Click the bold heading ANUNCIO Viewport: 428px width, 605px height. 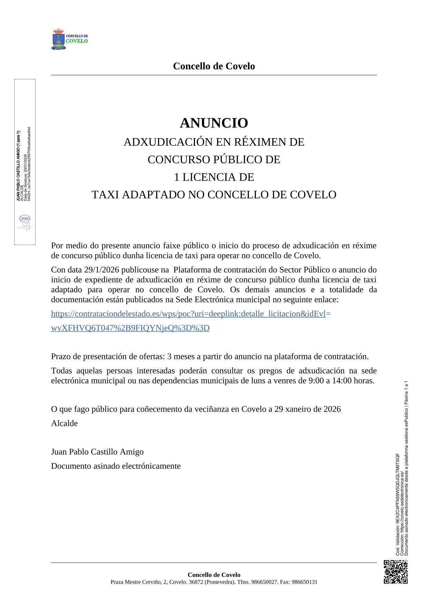[x=214, y=123]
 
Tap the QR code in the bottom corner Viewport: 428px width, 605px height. [x=396, y=572]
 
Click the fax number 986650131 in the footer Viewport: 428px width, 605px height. [x=304, y=582]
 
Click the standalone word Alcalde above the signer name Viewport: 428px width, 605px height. [x=65, y=423]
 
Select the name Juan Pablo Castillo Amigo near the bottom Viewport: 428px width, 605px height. [x=97, y=452]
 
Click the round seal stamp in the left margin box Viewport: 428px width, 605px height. [x=25, y=219]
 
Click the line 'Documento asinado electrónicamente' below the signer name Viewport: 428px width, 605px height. [x=116, y=466]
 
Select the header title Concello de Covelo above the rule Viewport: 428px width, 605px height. [x=214, y=66]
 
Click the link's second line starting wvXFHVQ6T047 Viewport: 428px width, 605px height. [x=130, y=328]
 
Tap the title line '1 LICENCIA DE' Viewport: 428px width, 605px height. [x=214, y=177]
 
